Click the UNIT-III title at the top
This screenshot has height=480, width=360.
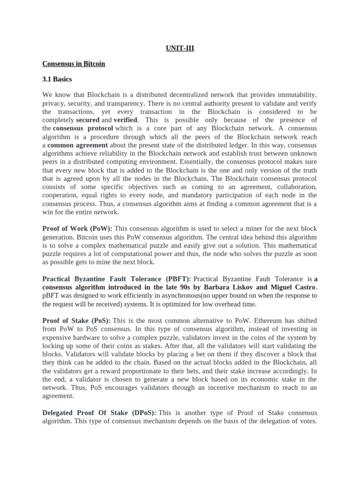(180, 48)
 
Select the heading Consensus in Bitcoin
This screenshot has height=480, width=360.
(74, 64)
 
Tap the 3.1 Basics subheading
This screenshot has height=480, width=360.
(57, 79)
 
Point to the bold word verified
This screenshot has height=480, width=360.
(125, 120)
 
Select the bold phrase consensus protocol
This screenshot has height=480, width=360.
(83, 128)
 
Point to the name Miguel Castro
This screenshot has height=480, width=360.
(290, 287)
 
